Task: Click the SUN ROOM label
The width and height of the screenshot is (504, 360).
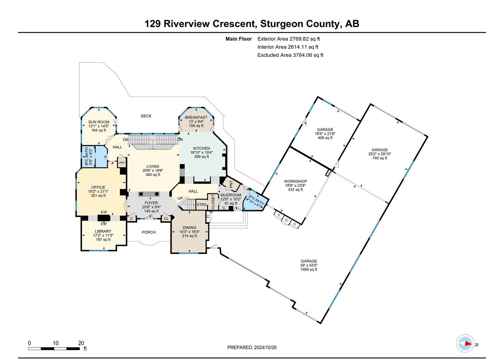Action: coord(99,122)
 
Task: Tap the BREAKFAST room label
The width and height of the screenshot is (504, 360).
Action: coord(196,117)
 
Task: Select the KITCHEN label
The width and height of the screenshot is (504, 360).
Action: coord(202,148)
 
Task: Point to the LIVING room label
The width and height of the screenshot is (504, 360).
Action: coord(153,166)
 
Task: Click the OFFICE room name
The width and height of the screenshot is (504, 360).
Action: coord(98,187)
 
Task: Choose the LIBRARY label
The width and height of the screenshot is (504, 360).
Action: coord(103,231)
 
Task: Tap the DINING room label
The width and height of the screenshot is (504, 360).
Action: coord(189,227)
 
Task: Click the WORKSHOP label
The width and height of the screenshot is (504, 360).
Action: coord(295,181)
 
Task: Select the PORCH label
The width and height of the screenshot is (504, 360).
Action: coord(149,232)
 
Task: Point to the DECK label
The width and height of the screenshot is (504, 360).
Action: coord(146,116)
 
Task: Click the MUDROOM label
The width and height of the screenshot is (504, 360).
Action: coord(231,195)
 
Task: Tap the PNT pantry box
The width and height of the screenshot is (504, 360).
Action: coord(231,184)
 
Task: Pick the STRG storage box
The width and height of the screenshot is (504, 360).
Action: coord(202,205)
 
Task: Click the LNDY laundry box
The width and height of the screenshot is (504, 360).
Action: coord(122,163)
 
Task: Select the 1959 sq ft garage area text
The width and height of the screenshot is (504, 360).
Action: coord(309,269)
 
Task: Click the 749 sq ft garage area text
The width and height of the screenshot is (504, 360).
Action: coord(380,158)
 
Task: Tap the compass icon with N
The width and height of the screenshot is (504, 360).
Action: coord(465,344)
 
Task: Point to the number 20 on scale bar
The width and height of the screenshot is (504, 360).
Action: coord(81,343)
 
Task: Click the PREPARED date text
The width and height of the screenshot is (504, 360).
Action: coord(252,347)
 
